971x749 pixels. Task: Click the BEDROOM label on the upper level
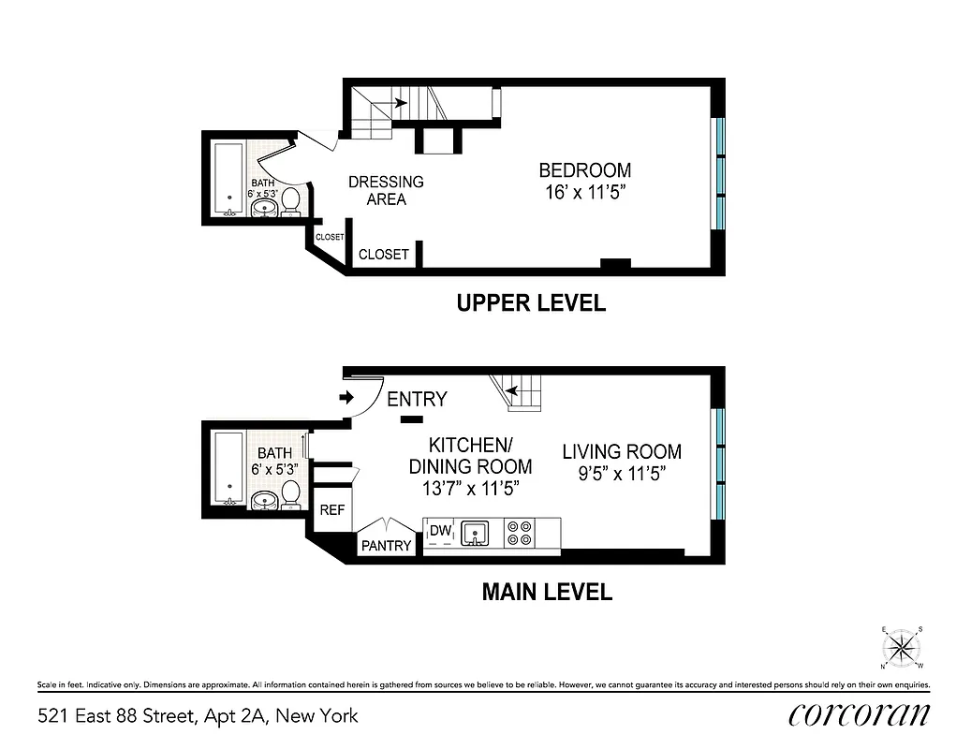[584, 171]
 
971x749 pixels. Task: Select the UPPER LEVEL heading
[530, 303]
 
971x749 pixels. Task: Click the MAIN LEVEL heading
[547, 592]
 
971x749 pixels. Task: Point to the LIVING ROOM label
[622, 451]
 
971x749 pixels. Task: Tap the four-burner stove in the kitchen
[519, 534]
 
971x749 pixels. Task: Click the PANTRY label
[386, 545]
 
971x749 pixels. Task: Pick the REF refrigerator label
[332, 510]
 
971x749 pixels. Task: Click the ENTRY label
[417, 400]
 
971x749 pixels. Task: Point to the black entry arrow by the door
[346, 398]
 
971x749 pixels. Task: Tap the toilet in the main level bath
[290, 492]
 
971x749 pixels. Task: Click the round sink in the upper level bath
[266, 208]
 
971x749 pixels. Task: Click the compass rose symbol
[902, 647]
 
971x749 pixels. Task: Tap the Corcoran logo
[859, 714]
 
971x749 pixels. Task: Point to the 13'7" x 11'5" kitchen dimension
[470, 487]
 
